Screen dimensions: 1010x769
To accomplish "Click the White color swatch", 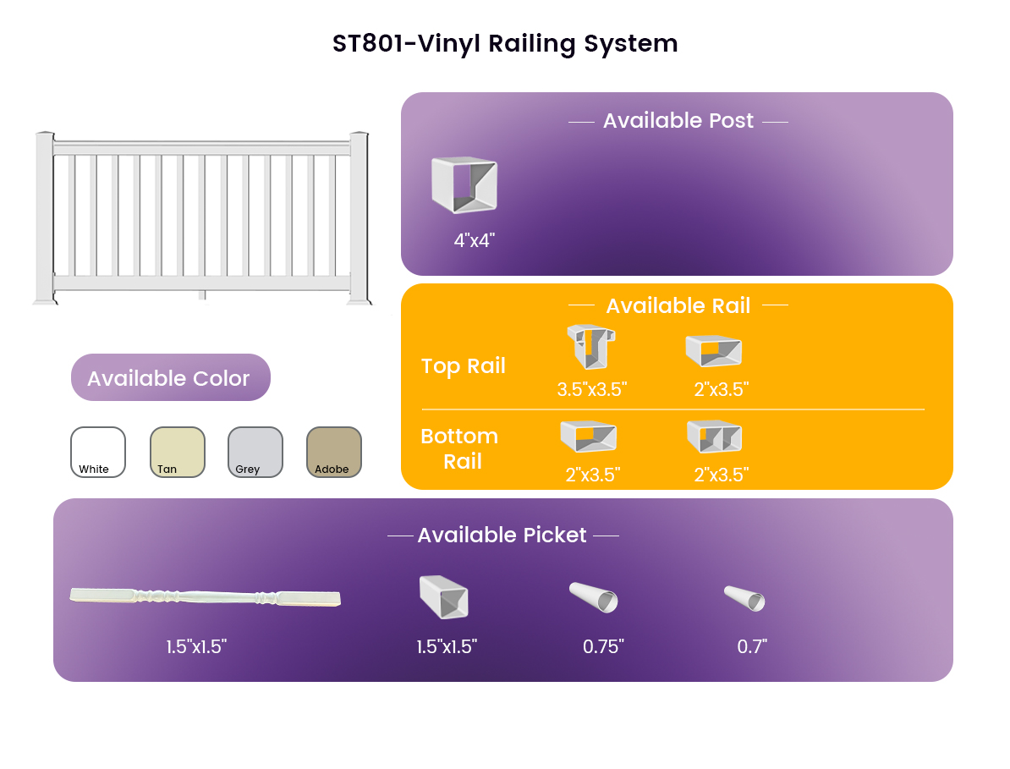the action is click(x=98, y=452).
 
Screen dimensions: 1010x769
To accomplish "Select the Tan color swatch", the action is click(x=177, y=452).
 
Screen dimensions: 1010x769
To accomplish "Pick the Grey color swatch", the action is click(x=255, y=452).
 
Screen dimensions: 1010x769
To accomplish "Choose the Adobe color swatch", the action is click(x=333, y=452).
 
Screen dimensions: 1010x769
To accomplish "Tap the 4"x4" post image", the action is click(x=464, y=184).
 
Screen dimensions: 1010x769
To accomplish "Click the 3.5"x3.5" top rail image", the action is click(x=590, y=347).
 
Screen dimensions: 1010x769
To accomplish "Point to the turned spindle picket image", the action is click(x=205, y=597).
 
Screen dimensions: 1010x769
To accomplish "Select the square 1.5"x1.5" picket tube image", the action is click(x=444, y=597).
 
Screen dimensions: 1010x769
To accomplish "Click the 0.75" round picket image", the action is click(x=593, y=597).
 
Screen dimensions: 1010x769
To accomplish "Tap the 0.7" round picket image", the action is click(x=744, y=597).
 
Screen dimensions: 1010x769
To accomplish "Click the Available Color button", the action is click(x=171, y=377).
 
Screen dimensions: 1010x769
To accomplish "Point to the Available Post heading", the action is click(x=678, y=120).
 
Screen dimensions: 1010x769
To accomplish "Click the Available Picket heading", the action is click(x=502, y=535).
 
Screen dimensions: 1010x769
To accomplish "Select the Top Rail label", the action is click(x=464, y=365).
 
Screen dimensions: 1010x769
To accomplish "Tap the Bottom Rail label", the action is click(x=460, y=449).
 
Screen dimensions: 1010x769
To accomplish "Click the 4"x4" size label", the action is click(x=474, y=240).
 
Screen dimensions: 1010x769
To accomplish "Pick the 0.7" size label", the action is click(x=752, y=646).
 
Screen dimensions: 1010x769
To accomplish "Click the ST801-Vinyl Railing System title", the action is click(x=505, y=44).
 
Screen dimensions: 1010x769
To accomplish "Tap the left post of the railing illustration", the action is click(x=45, y=217).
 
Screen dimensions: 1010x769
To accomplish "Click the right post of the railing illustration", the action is click(x=360, y=217).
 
